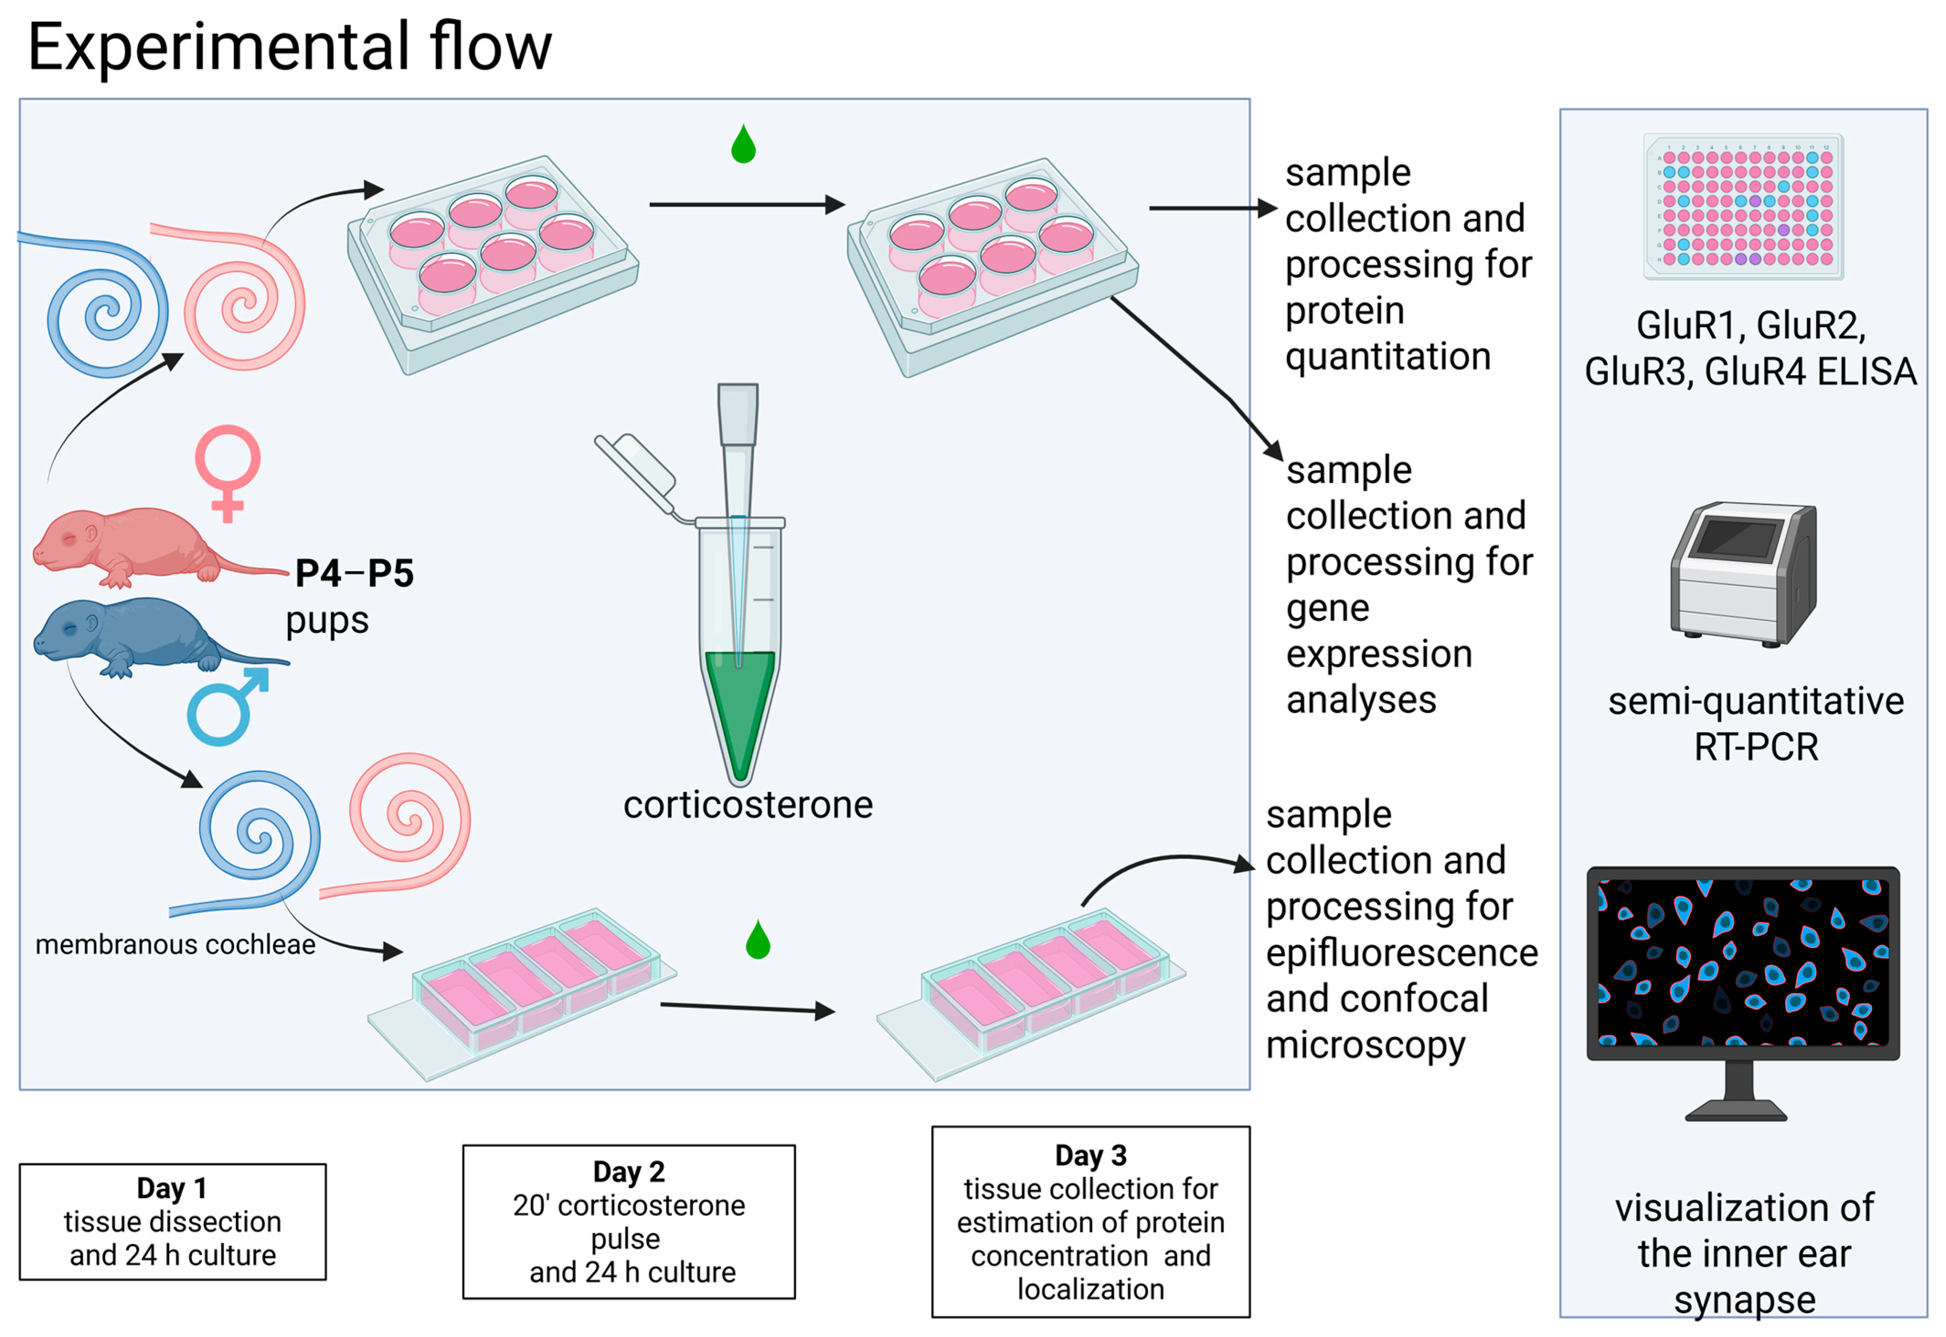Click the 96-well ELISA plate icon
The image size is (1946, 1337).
(1744, 206)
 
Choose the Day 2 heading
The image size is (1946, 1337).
(629, 1171)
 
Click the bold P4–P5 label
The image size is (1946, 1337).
(354, 573)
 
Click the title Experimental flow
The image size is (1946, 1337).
(290, 47)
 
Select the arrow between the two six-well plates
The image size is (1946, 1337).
(747, 204)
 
